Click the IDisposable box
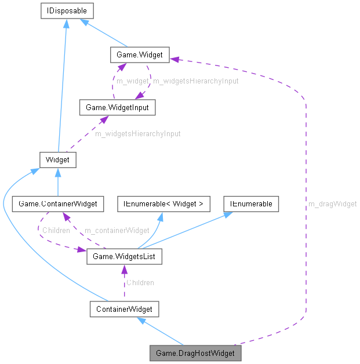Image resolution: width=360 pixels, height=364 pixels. [x=67, y=10]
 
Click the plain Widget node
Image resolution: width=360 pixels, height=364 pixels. [x=58, y=159]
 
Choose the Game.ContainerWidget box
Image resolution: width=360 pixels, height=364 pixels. [x=58, y=203]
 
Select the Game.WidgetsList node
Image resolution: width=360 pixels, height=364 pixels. [x=124, y=256]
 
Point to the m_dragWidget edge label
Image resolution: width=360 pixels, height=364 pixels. [x=332, y=203]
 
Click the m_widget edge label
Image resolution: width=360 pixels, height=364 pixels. [x=132, y=81]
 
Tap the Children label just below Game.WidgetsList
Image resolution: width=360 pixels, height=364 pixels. [x=140, y=282]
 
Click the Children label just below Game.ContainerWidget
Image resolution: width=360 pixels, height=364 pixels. [x=56, y=230]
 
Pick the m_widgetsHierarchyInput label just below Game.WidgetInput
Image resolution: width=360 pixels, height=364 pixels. [x=137, y=133]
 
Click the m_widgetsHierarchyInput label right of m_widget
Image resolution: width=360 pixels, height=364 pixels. [x=195, y=81]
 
